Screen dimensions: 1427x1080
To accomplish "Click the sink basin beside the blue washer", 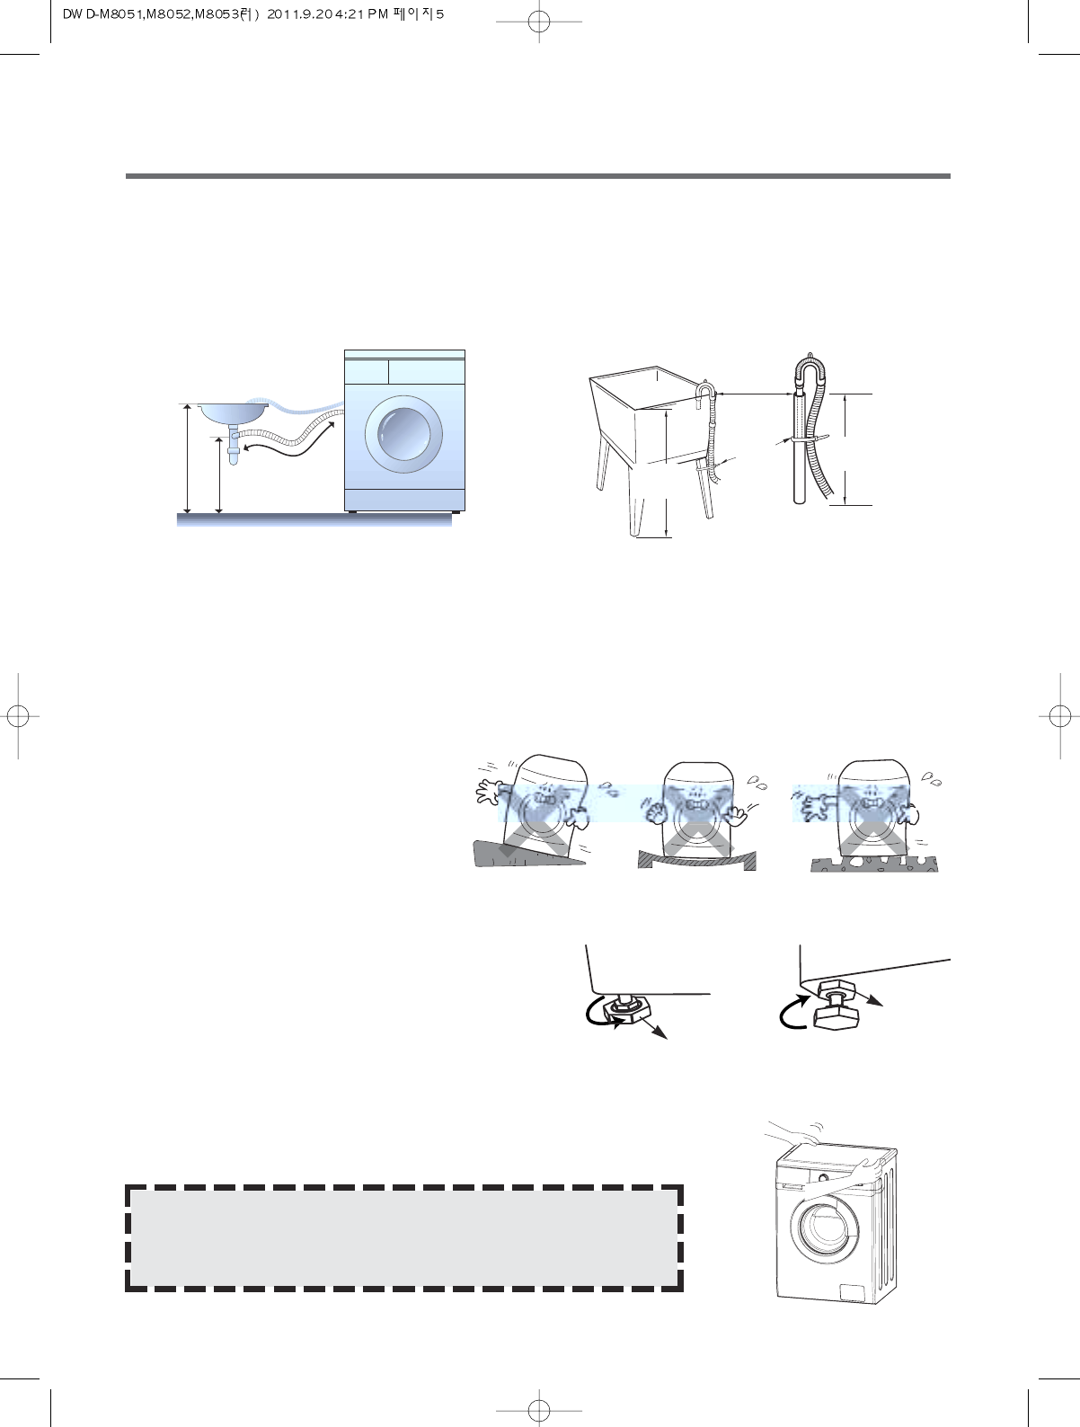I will click(x=233, y=412).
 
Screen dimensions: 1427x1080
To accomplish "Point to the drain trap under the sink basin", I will click(x=235, y=446).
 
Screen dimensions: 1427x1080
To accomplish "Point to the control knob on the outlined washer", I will click(x=821, y=1177).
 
